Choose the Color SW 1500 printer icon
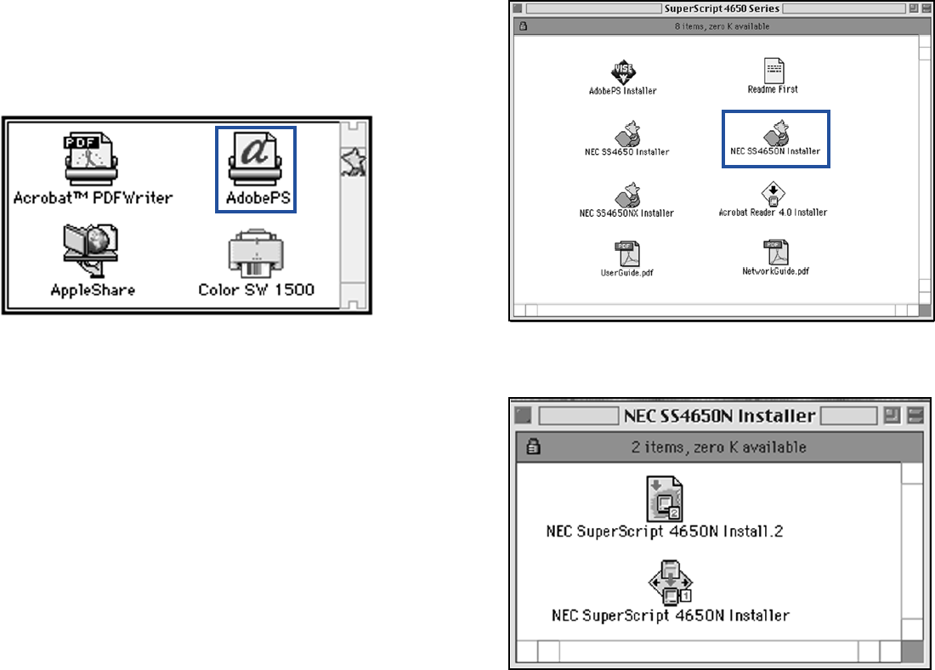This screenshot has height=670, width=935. [x=256, y=254]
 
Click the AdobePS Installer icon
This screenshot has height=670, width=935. [x=623, y=71]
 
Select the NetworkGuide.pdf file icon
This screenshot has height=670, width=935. [x=775, y=252]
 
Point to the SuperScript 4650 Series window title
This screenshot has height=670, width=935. [x=721, y=9]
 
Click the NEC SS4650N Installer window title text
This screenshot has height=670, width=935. [x=720, y=416]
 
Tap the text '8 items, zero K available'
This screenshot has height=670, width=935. [x=721, y=26]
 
